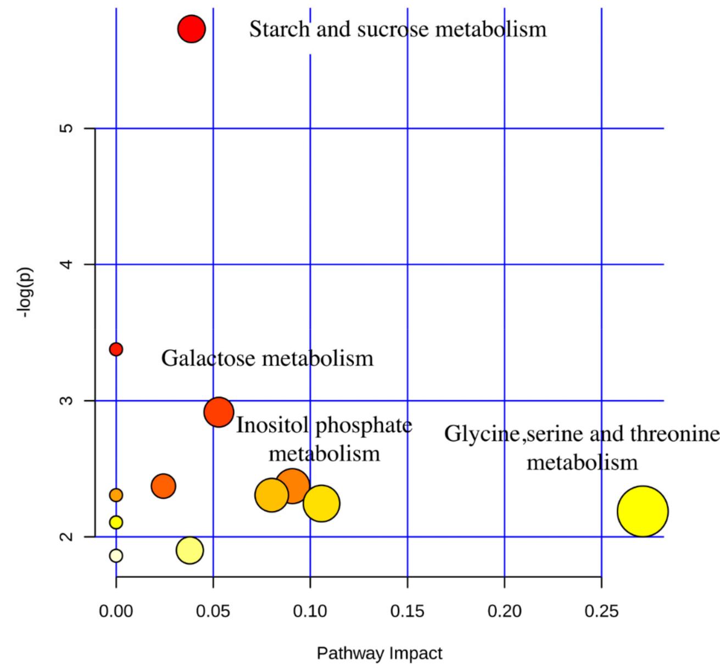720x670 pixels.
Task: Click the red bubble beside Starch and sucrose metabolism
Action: click(191, 29)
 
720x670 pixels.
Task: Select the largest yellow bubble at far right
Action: click(642, 511)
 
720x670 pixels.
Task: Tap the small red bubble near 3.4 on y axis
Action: click(116, 349)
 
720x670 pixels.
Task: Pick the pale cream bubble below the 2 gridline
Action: click(116, 556)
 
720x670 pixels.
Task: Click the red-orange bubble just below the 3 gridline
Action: click(219, 411)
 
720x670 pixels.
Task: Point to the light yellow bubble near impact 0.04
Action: click(189, 550)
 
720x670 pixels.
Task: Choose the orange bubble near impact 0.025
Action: click(163, 486)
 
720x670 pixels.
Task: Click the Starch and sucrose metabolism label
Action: click(398, 29)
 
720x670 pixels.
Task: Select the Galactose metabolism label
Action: click(267, 359)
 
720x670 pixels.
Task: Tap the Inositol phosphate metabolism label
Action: click(324, 439)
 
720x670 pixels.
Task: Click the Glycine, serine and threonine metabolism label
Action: click(582, 448)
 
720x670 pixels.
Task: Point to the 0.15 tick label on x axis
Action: click(407, 611)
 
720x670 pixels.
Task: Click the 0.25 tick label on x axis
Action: click(601, 611)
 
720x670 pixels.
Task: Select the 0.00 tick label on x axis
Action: click(116, 611)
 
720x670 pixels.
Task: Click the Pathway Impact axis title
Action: click(379, 654)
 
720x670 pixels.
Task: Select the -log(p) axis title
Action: click(25, 294)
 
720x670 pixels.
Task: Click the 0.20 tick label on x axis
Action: click(504, 611)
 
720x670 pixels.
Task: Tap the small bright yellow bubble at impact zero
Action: click(116, 522)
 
